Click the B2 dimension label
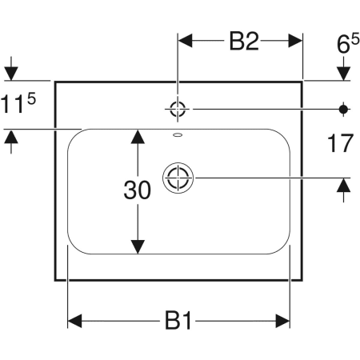coord(244,42)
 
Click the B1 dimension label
coord(178,320)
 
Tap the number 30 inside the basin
coord(138,190)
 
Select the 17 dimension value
coord(340,143)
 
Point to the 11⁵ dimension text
coord(18,103)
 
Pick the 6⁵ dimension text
coord(348,44)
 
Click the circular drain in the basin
coord(178,178)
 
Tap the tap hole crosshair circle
coord(178,109)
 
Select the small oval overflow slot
coord(178,134)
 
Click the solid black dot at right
coord(343,109)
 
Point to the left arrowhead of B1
coord(74,321)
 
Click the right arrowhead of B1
coord(282,321)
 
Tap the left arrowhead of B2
coord(185,41)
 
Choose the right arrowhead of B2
coord(295,41)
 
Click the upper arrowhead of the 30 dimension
coord(138,136)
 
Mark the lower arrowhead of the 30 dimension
coord(138,246)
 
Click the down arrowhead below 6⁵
coord(343,73)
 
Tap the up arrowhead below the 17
coord(343,185)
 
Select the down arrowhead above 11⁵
coord(11,73)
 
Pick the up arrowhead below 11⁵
coord(11,137)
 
